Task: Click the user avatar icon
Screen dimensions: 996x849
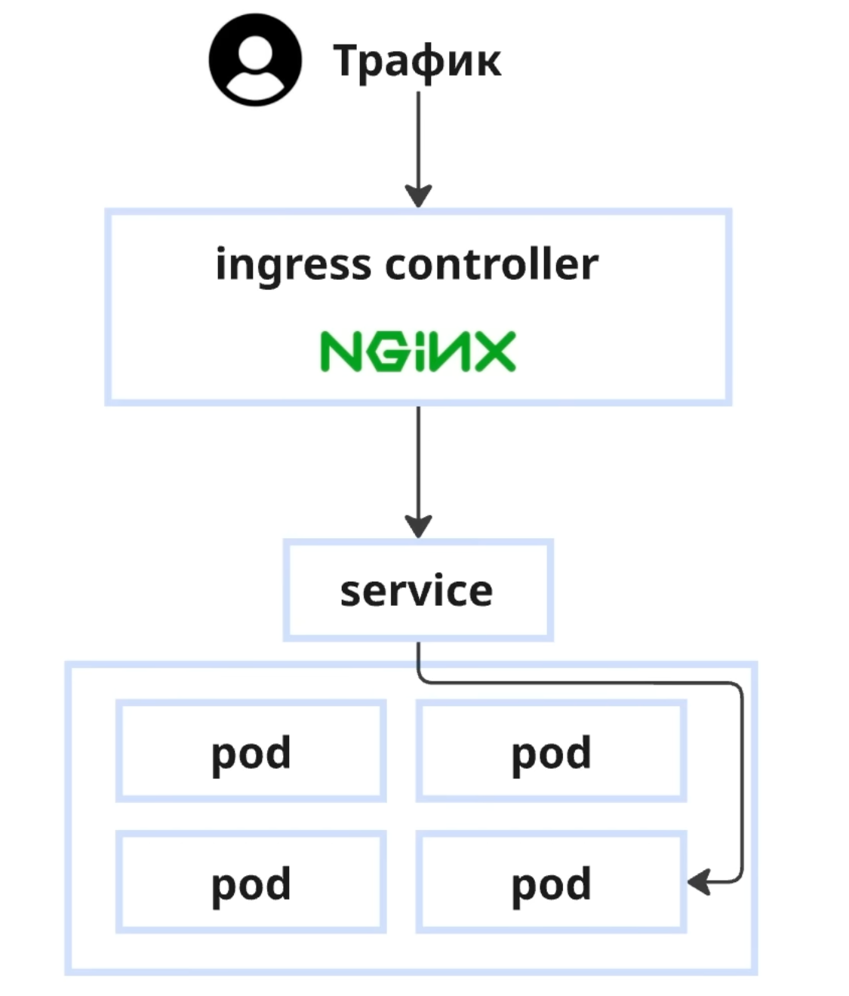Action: click(255, 60)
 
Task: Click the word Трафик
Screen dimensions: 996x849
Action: click(417, 60)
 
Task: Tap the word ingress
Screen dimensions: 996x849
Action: click(293, 265)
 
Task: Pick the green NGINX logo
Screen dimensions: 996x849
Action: click(418, 352)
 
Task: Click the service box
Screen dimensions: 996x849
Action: click(418, 590)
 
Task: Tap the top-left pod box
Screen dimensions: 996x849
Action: click(251, 752)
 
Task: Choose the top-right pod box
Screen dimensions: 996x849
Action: click(551, 752)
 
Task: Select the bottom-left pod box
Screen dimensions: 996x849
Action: click(251, 882)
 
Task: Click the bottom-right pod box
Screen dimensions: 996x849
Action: click(551, 882)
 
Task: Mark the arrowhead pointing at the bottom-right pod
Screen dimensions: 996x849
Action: click(699, 881)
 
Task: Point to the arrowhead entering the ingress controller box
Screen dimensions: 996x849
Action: click(418, 195)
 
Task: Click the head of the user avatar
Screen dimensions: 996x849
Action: click(255, 51)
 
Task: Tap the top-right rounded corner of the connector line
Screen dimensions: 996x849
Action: click(737, 689)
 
